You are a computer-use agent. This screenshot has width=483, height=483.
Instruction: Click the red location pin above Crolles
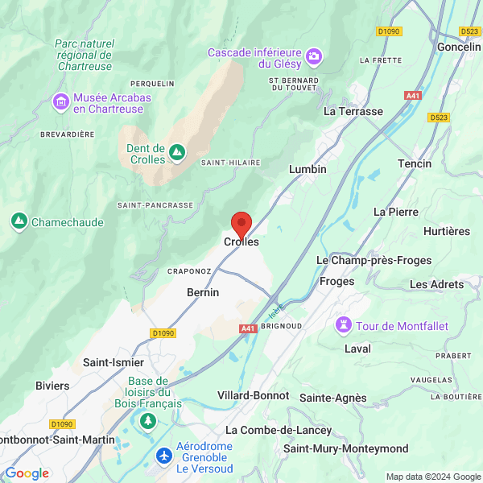coord(242,223)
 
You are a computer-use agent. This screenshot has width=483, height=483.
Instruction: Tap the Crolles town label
coord(242,242)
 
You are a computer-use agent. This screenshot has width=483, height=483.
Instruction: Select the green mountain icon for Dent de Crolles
coord(177,151)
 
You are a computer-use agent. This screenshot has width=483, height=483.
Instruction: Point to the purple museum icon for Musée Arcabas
coord(60,102)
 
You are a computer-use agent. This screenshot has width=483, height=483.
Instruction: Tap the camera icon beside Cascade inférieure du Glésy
coord(313,56)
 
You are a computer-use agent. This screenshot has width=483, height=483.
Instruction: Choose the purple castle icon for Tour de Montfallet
coord(345,324)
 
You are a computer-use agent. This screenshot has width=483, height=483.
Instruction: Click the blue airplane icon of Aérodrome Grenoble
coord(165,456)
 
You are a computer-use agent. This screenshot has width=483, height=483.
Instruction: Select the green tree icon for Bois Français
coord(147,420)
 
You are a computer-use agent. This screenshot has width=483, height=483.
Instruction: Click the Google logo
coord(27,473)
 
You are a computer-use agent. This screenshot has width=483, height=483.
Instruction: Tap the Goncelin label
coord(459,47)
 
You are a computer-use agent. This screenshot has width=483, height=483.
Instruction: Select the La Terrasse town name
coord(353,111)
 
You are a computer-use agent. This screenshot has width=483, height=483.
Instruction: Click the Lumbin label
coord(308,169)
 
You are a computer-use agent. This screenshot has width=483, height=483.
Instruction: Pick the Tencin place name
coord(415,163)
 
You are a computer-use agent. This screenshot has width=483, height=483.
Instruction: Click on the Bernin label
coord(203,292)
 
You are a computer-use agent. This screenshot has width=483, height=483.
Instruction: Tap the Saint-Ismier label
coord(114,362)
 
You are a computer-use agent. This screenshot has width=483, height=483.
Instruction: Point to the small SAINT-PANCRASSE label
coord(155,205)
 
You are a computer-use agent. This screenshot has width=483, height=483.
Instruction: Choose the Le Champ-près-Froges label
coord(374,260)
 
